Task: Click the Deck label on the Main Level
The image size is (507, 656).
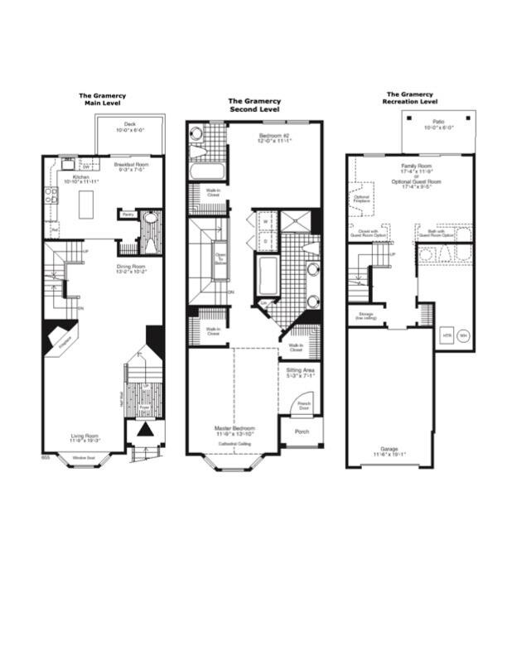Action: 130,127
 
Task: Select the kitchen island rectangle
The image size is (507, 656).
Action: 87,201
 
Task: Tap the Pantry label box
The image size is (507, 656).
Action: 128,215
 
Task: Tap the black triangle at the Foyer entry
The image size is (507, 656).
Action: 144,430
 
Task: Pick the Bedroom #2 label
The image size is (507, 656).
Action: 273,137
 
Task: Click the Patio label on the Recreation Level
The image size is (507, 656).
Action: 438,124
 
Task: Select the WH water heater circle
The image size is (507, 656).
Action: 463,335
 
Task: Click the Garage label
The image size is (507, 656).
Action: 388,451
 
